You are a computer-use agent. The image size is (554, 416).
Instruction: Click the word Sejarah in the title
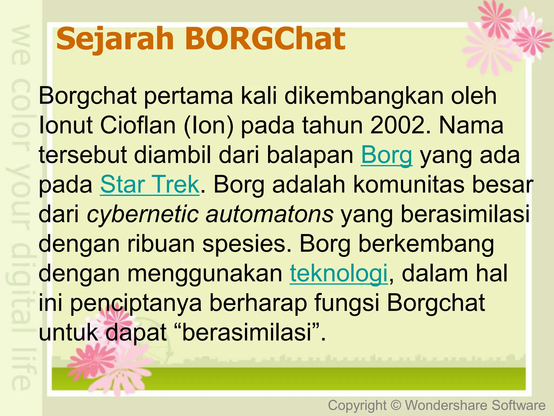[115, 39]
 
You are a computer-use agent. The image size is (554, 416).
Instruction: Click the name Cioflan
[138, 125]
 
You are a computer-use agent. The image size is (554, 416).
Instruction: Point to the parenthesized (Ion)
[209, 125]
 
